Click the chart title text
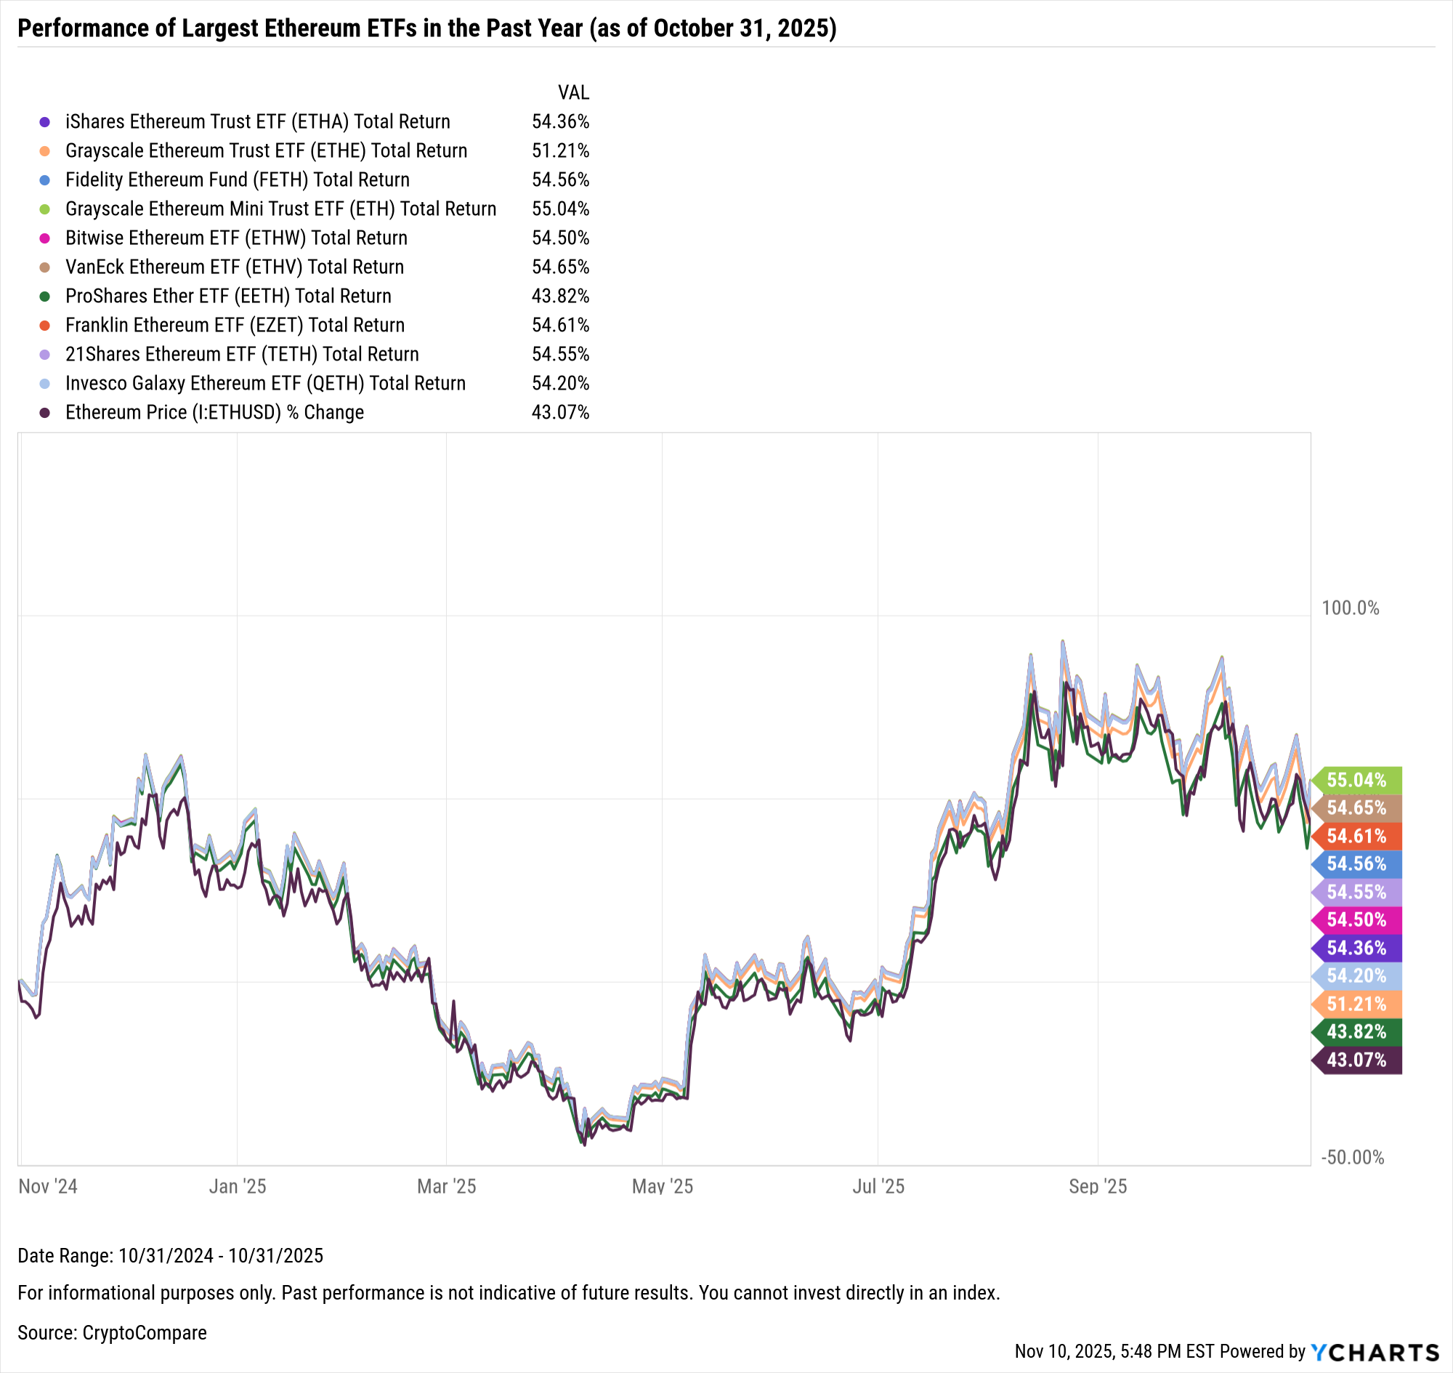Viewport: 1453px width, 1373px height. click(x=426, y=28)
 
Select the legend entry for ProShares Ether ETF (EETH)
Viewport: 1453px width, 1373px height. click(x=227, y=296)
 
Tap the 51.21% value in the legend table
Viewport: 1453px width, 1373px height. click(x=559, y=150)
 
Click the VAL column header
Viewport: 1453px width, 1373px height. click(x=573, y=93)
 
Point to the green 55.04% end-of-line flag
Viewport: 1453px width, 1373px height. click(x=1356, y=780)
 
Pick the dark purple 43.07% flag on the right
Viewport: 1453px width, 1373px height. click(x=1356, y=1060)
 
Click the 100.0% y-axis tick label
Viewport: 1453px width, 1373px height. click(x=1350, y=608)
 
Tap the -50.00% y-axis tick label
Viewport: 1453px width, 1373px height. click(x=1352, y=1157)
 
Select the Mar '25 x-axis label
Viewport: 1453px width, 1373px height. click(x=446, y=1186)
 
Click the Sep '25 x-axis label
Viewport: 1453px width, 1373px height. click(x=1098, y=1186)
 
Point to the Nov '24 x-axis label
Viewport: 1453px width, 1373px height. click(x=48, y=1186)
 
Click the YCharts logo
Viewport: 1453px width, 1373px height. click(x=1375, y=1352)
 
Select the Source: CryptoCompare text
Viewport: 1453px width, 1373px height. click(x=112, y=1333)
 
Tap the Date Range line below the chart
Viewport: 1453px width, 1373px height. click(x=171, y=1256)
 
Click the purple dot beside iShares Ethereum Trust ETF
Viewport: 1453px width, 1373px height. click(x=44, y=122)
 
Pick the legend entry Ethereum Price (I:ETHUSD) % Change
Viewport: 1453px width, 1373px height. click(x=214, y=412)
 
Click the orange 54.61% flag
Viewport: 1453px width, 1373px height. click(x=1356, y=836)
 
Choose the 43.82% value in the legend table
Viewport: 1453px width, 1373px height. click(x=559, y=296)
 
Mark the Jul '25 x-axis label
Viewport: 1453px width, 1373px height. click(x=878, y=1186)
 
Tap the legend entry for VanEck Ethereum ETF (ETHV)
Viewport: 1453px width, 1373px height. click(x=234, y=267)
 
